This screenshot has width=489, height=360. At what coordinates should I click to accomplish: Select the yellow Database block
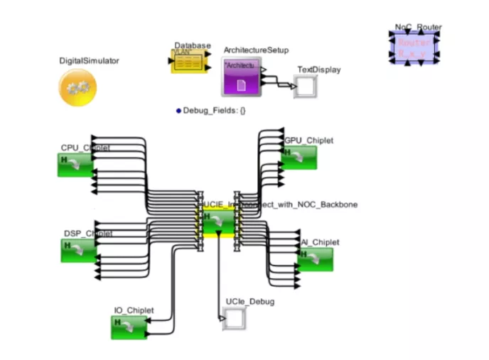pyautogui.click(x=188, y=62)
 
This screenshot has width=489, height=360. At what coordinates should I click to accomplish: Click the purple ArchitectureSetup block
pyautogui.click(x=241, y=77)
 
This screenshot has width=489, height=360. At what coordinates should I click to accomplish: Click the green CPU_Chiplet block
pyautogui.click(x=75, y=164)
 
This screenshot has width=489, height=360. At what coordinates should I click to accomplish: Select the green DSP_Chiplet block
pyautogui.click(x=78, y=249)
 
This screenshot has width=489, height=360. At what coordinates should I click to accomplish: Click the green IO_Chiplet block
pyautogui.click(x=129, y=327)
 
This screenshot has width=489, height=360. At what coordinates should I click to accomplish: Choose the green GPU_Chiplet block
pyautogui.click(x=299, y=157)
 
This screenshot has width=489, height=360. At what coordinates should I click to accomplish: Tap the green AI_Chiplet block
pyautogui.click(x=315, y=258)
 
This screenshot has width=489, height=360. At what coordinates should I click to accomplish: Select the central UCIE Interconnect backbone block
pyautogui.click(x=218, y=222)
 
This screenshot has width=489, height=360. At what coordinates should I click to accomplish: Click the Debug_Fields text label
pyautogui.click(x=214, y=111)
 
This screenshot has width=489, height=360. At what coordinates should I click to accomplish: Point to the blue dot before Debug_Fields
pyautogui.click(x=178, y=111)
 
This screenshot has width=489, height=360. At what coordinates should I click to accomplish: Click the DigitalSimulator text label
pyautogui.click(x=89, y=61)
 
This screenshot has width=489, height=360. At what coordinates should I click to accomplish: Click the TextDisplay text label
pyautogui.click(x=318, y=70)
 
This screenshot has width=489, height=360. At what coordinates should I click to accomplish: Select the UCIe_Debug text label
pyautogui.click(x=249, y=302)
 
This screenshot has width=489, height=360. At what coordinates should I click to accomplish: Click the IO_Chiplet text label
pyautogui.click(x=134, y=310)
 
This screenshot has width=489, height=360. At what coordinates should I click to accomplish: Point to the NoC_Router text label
pyautogui.click(x=418, y=28)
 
